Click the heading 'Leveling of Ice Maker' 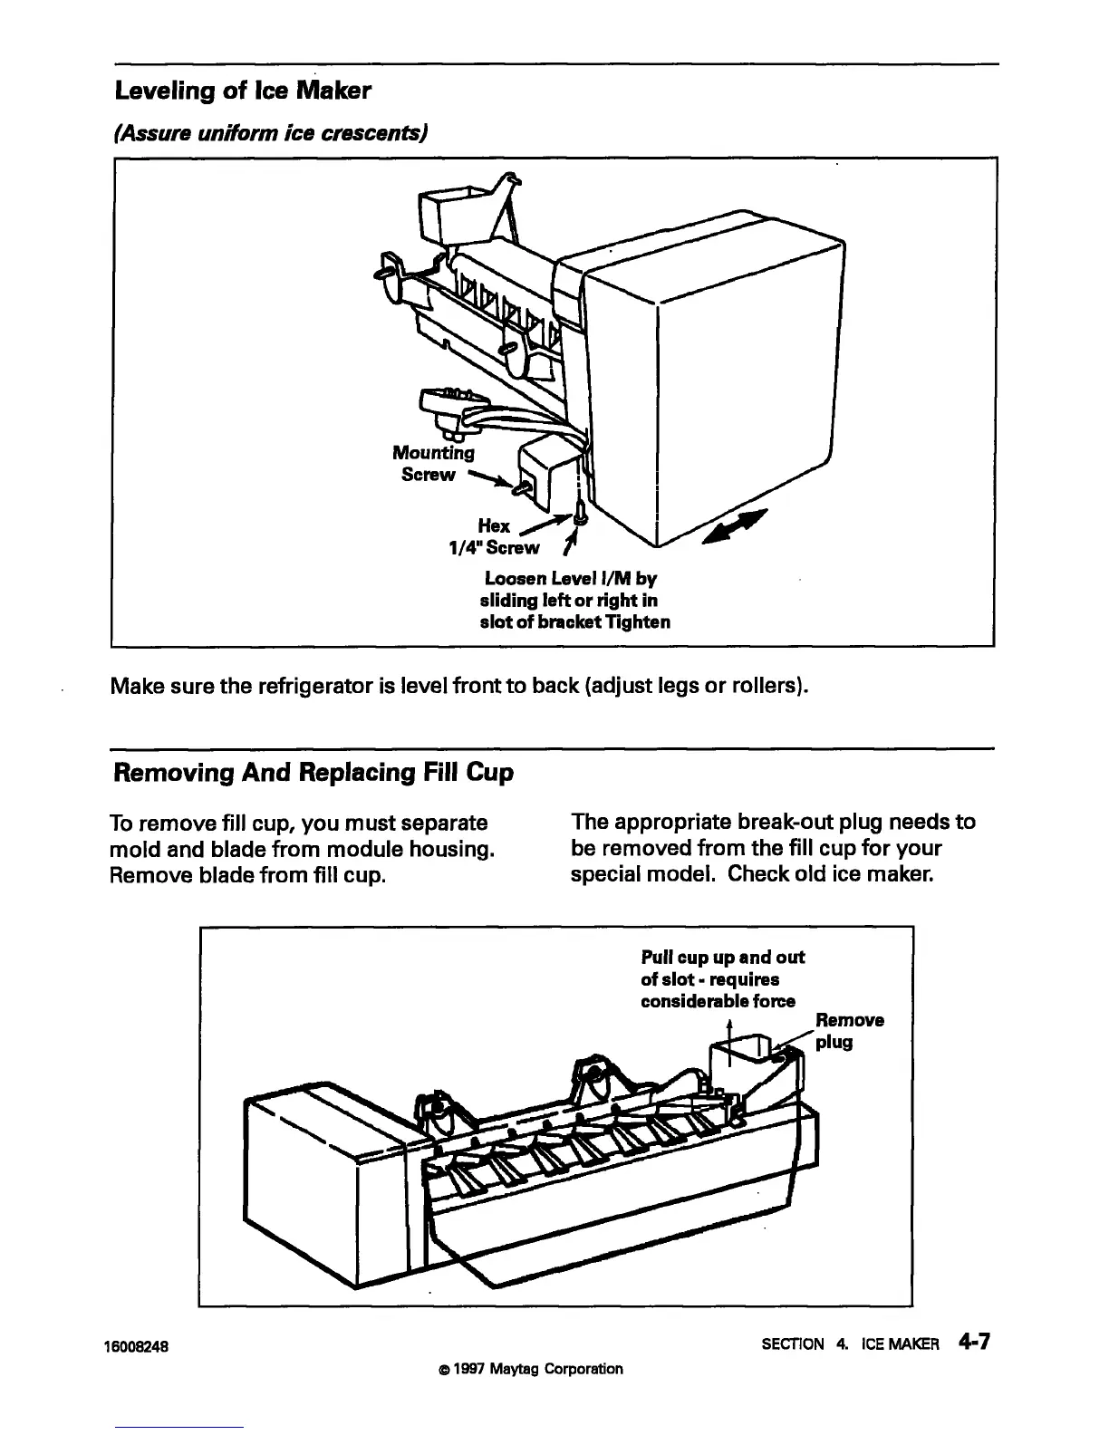point(242,91)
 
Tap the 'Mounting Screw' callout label point(432,463)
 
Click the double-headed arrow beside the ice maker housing point(734,527)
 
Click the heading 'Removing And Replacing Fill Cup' point(313,773)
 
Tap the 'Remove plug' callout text point(848,1031)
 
